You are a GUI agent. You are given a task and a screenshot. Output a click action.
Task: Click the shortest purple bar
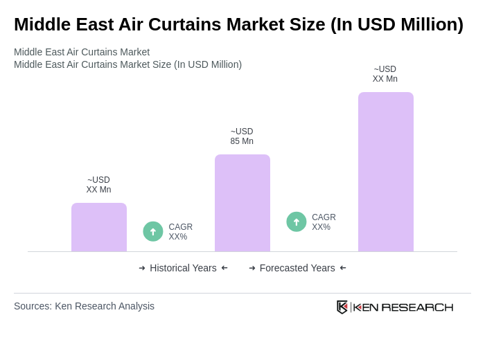(x=99, y=227)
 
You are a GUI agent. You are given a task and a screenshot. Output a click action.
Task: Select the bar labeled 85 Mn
(x=242, y=203)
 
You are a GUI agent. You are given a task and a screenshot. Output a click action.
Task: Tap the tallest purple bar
(x=386, y=172)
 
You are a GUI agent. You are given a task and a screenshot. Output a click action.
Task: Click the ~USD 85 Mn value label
(x=242, y=136)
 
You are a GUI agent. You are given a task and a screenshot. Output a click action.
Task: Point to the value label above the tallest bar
(x=385, y=74)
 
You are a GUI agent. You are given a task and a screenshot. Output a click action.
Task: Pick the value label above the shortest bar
(x=98, y=185)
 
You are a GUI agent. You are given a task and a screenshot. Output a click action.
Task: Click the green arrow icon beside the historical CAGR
(x=153, y=231)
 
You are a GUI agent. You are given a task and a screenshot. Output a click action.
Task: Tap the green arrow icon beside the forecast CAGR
(x=297, y=222)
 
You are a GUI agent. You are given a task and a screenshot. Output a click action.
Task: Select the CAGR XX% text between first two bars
(x=180, y=232)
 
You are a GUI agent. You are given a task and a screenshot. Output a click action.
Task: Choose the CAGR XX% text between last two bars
(x=324, y=222)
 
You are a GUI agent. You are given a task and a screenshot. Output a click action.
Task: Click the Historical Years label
(x=183, y=268)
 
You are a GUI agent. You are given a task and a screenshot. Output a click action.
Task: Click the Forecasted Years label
(x=297, y=268)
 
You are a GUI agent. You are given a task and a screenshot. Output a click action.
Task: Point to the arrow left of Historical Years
(x=142, y=268)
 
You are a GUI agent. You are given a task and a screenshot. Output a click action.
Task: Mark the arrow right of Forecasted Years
(x=343, y=268)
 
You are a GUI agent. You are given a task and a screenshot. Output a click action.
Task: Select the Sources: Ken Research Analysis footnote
(x=84, y=306)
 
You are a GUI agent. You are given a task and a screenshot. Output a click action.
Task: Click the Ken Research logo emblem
(x=342, y=307)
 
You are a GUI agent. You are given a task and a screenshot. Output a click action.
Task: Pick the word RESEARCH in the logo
(x=417, y=307)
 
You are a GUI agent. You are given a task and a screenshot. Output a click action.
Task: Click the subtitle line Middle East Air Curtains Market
(x=82, y=52)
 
